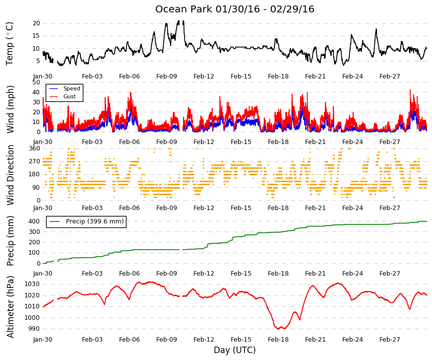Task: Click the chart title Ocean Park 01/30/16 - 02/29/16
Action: click(x=235, y=9)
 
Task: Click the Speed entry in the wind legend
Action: click(x=71, y=88)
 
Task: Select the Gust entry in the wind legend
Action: click(x=69, y=96)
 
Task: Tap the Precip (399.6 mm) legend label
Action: click(x=95, y=221)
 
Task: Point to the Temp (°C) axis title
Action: click(x=9, y=44)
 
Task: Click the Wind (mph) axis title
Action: click(x=10, y=109)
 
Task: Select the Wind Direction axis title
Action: click(x=10, y=175)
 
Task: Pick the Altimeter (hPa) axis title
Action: click(x=10, y=306)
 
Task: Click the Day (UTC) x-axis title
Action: click(x=235, y=350)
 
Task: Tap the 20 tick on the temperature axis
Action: click(x=36, y=23)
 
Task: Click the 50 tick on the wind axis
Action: click(x=36, y=82)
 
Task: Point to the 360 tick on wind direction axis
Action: click(x=35, y=148)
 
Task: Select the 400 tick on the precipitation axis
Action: click(x=35, y=221)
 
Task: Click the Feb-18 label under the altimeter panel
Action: click(x=278, y=339)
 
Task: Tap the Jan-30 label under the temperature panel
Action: click(x=43, y=76)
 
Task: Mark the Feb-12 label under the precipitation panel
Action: click(x=204, y=274)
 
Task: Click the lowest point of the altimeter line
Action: click(x=278, y=329)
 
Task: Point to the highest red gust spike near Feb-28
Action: click(x=410, y=90)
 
